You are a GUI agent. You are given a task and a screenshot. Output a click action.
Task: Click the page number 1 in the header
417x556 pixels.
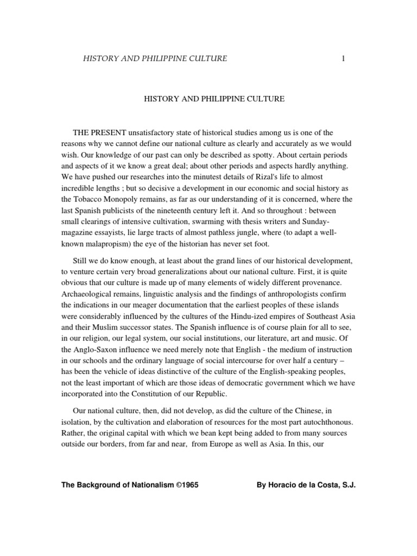click(343, 59)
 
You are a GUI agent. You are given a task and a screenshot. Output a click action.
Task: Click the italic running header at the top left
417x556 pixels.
click(155, 59)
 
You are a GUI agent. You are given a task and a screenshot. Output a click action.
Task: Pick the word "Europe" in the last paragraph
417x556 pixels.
click(232, 444)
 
